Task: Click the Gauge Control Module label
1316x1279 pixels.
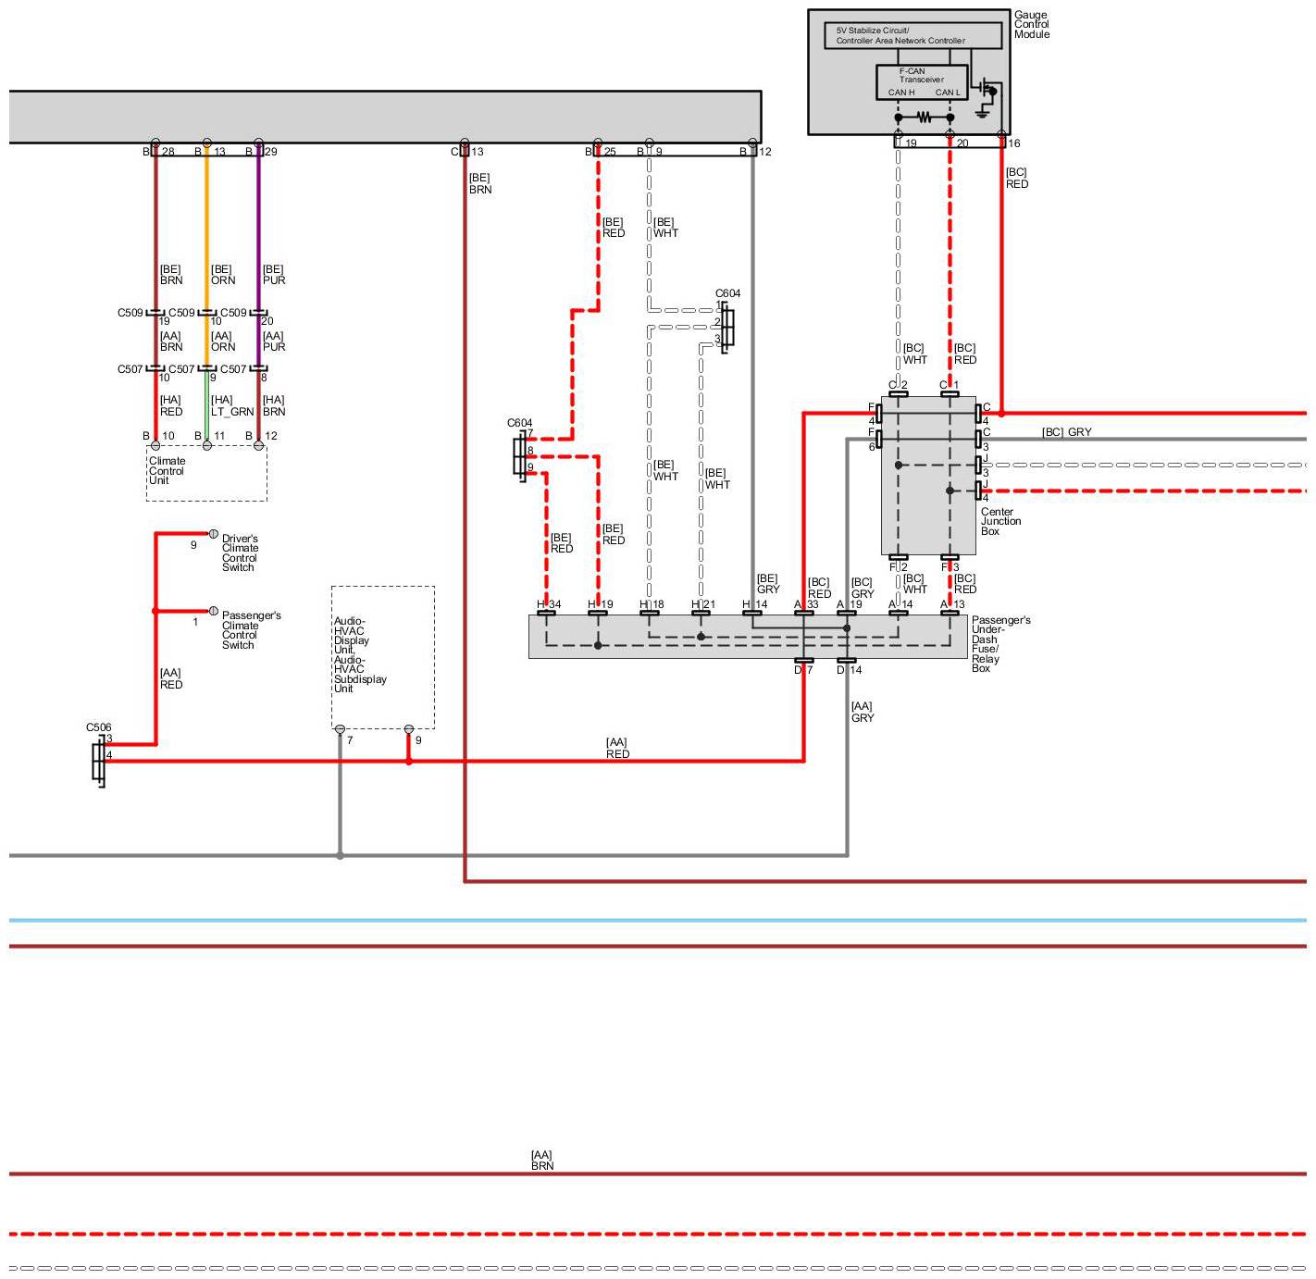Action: (1031, 25)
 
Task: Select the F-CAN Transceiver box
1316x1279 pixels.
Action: (921, 81)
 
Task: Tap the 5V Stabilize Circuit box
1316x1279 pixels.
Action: (912, 35)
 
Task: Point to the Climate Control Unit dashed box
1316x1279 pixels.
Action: (206, 473)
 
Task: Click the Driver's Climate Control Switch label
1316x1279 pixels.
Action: (240, 553)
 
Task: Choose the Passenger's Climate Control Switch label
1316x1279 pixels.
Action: (251, 629)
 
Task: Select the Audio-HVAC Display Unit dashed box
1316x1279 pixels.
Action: (382, 656)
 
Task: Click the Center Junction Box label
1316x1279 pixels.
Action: (1000, 521)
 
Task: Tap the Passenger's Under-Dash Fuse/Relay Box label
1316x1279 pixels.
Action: (999, 643)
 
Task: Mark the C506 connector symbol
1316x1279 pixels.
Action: (98, 761)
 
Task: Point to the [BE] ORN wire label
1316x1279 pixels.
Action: (223, 275)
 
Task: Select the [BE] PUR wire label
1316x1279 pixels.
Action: (274, 275)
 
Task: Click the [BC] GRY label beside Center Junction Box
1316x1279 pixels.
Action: (1066, 432)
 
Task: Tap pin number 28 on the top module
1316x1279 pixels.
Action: (168, 152)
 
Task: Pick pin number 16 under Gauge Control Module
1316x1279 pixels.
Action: (1014, 143)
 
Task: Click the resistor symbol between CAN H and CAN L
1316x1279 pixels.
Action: (924, 118)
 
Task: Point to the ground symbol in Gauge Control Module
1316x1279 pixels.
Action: (982, 111)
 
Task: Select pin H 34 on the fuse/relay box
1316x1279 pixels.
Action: (549, 605)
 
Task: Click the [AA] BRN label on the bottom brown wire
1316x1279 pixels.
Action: (542, 1161)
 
